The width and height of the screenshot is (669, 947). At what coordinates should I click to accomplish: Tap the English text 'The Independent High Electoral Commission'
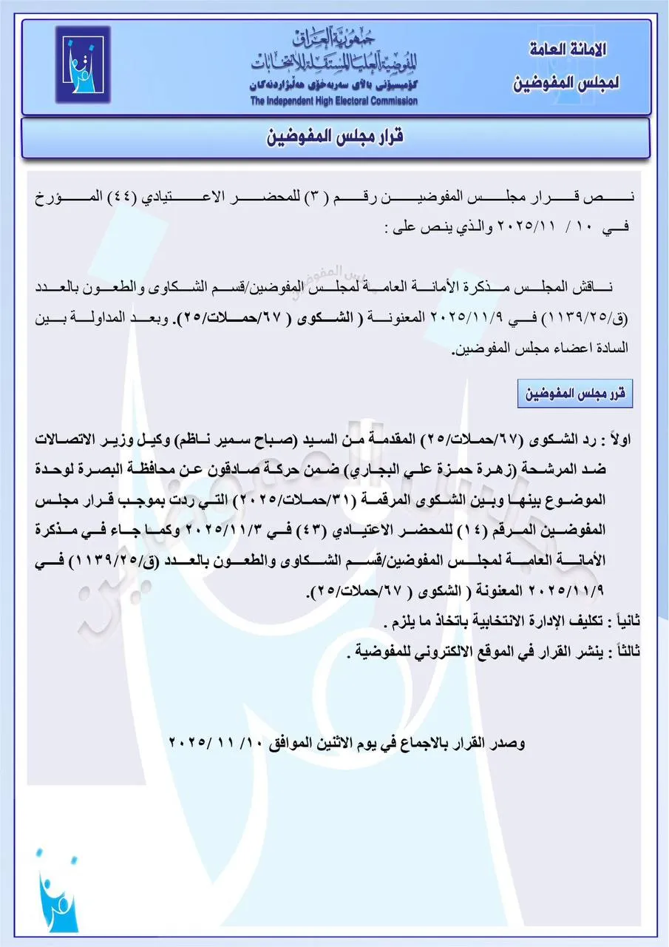point(333,101)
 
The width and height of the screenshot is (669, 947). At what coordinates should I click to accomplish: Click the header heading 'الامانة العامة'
point(569,50)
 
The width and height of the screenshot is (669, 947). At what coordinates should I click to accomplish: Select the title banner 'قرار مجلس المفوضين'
point(334,138)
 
